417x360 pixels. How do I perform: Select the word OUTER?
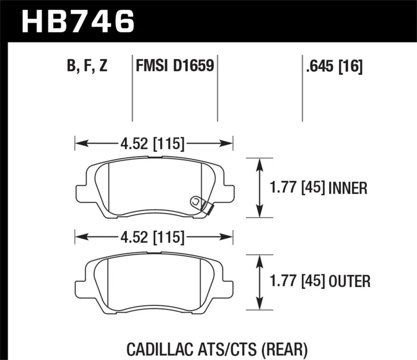pyautogui.click(x=349, y=282)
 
